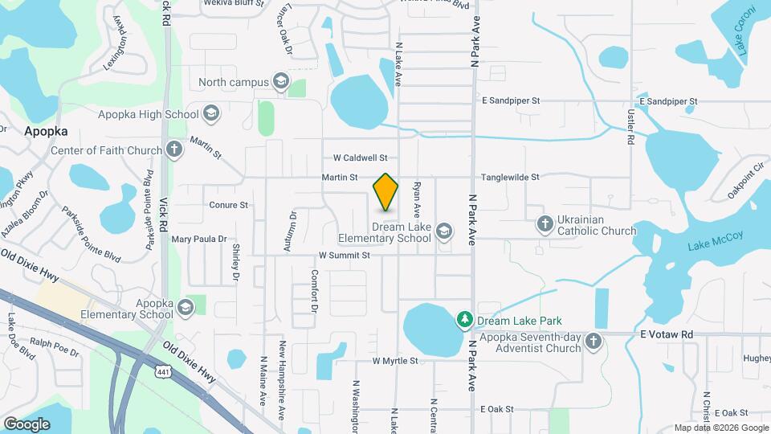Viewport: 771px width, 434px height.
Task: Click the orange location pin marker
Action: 386,192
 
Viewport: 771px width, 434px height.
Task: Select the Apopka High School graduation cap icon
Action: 211,114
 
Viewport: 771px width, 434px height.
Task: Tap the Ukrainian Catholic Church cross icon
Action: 545,223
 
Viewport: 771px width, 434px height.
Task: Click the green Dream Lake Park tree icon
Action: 464,320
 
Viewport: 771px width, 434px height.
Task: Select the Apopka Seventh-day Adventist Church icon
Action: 593,341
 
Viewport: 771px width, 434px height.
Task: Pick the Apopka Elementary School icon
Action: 186,308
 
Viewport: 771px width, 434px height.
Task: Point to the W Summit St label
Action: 344,256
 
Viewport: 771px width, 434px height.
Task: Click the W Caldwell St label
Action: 361,158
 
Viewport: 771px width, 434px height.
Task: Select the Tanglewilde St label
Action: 510,177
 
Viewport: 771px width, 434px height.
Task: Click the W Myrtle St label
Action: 395,362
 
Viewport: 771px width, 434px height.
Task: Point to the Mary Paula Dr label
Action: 199,239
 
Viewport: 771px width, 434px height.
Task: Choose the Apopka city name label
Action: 46,130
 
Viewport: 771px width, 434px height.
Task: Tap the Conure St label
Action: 228,205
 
